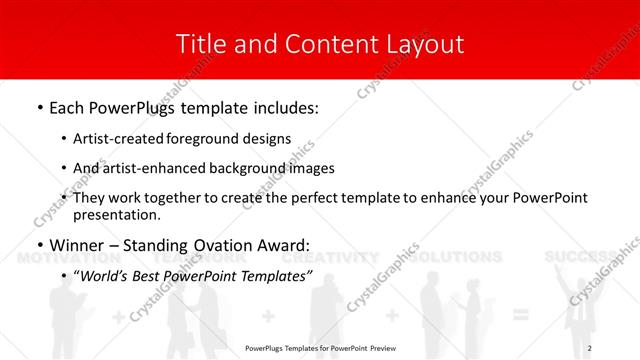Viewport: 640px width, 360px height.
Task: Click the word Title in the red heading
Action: point(199,44)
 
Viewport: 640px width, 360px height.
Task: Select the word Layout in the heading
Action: point(425,44)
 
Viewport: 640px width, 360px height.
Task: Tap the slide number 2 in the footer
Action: point(620,348)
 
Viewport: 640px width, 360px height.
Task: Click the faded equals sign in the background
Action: point(519,316)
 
